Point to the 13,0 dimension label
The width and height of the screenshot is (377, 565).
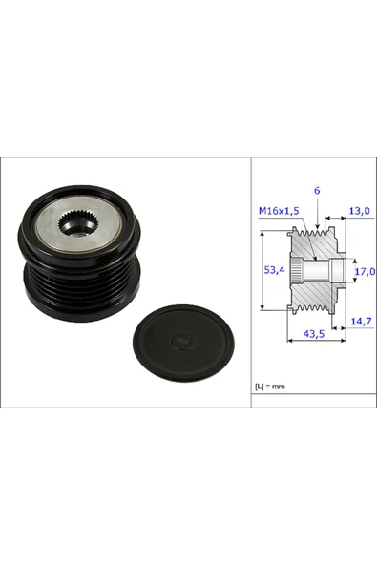click(x=359, y=211)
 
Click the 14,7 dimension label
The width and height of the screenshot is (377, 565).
click(x=359, y=322)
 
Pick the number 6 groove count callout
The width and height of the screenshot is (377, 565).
click(x=316, y=191)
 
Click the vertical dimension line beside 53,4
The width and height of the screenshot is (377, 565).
click(x=261, y=271)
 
